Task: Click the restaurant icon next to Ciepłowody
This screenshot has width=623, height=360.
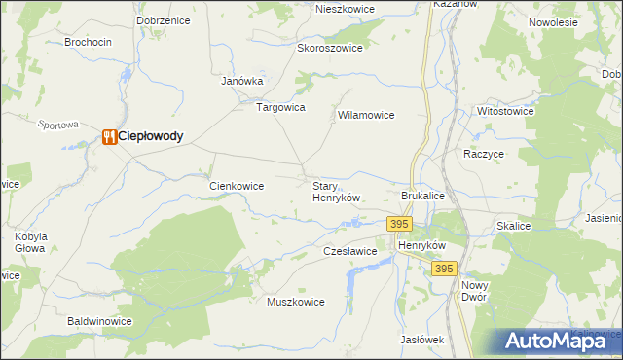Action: pos(108,137)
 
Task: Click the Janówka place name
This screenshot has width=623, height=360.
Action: pos(242,82)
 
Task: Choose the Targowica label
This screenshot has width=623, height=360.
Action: pos(280,107)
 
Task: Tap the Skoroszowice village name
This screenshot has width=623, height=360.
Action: pos(330,48)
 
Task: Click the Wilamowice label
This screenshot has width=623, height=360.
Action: pos(365,115)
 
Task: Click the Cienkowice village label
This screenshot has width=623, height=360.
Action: pos(238,185)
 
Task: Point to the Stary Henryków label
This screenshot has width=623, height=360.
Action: pos(336,191)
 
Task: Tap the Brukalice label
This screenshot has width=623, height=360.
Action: pos(422,196)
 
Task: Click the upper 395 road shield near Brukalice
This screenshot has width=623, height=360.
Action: pos(398,224)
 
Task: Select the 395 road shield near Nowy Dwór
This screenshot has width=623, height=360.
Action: pos(443,269)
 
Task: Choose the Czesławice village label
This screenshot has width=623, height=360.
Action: pos(349,251)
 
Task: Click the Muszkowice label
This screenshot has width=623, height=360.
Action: pos(295,302)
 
